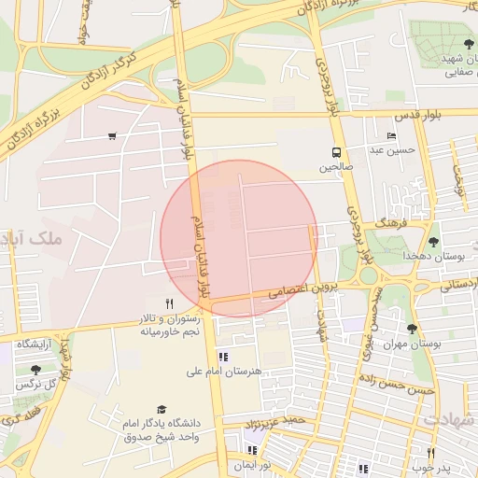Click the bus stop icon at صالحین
point(334,153)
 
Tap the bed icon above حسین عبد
point(391,136)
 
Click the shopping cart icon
point(112,136)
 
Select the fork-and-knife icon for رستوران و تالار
point(169,303)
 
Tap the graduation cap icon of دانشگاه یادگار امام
point(162,409)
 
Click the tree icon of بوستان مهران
point(412,329)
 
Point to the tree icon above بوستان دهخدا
point(432,242)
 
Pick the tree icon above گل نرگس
point(35,370)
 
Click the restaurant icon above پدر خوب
point(430,453)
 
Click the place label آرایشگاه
point(37,344)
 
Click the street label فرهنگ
point(387,225)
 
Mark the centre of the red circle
point(239,239)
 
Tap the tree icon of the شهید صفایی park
point(468,44)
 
